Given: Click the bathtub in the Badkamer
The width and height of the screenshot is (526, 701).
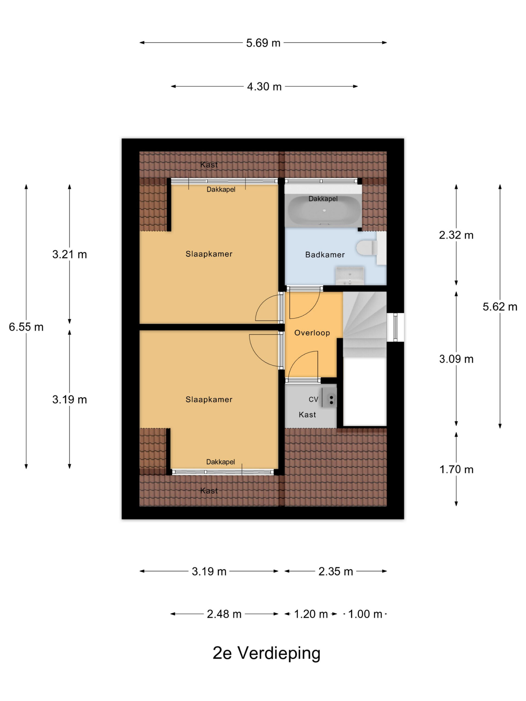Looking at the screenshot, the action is tap(323, 210).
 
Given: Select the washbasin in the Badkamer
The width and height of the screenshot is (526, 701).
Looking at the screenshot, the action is tap(350, 275).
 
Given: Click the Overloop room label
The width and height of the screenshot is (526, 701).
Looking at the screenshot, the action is tap(312, 333).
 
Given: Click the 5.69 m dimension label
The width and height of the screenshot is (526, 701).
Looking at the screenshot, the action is tap(263, 43).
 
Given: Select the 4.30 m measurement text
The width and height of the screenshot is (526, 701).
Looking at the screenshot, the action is tap(264, 87).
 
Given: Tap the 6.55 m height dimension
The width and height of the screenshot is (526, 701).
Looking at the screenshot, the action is tap(26, 327).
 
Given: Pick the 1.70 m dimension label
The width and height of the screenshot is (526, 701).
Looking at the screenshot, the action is tap(456, 469).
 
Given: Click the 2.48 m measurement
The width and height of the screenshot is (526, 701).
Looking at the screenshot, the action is tap(224, 614).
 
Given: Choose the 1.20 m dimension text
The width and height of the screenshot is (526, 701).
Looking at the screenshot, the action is tap(311, 614).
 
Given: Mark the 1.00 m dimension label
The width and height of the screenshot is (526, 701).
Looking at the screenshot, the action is tap(365, 614).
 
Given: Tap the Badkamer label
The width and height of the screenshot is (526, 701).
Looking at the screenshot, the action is tap(325, 255).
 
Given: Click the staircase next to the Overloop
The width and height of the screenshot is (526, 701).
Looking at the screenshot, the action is tap(365, 324).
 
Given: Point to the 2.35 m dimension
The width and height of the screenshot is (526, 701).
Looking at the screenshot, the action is tap(335, 571).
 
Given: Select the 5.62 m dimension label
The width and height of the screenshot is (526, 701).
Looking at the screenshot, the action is tap(500, 307).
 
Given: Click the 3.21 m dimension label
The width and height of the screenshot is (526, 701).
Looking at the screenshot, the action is tap(69, 254).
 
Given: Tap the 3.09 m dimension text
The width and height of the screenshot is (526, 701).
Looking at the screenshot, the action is tap(456, 359).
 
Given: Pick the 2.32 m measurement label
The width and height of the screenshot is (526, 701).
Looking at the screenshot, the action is tap(456, 235).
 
